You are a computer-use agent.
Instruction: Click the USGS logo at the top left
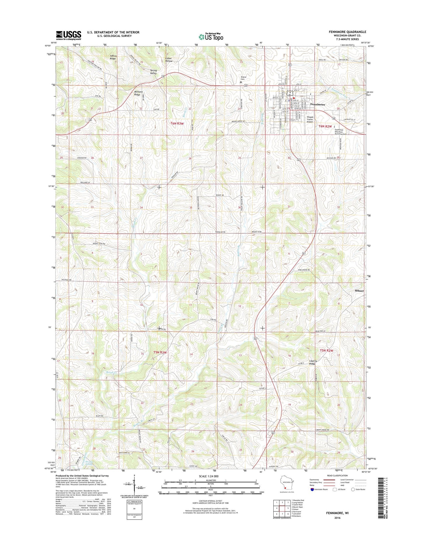(68, 35)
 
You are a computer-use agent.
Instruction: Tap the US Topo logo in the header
(211, 37)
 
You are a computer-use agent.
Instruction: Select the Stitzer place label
(359, 291)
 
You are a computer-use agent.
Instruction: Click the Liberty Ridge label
(313, 362)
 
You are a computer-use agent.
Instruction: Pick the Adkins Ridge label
(113, 57)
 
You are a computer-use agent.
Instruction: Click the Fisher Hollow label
(169, 60)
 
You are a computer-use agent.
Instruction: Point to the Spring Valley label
(153, 72)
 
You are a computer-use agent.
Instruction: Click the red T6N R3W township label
(177, 123)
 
